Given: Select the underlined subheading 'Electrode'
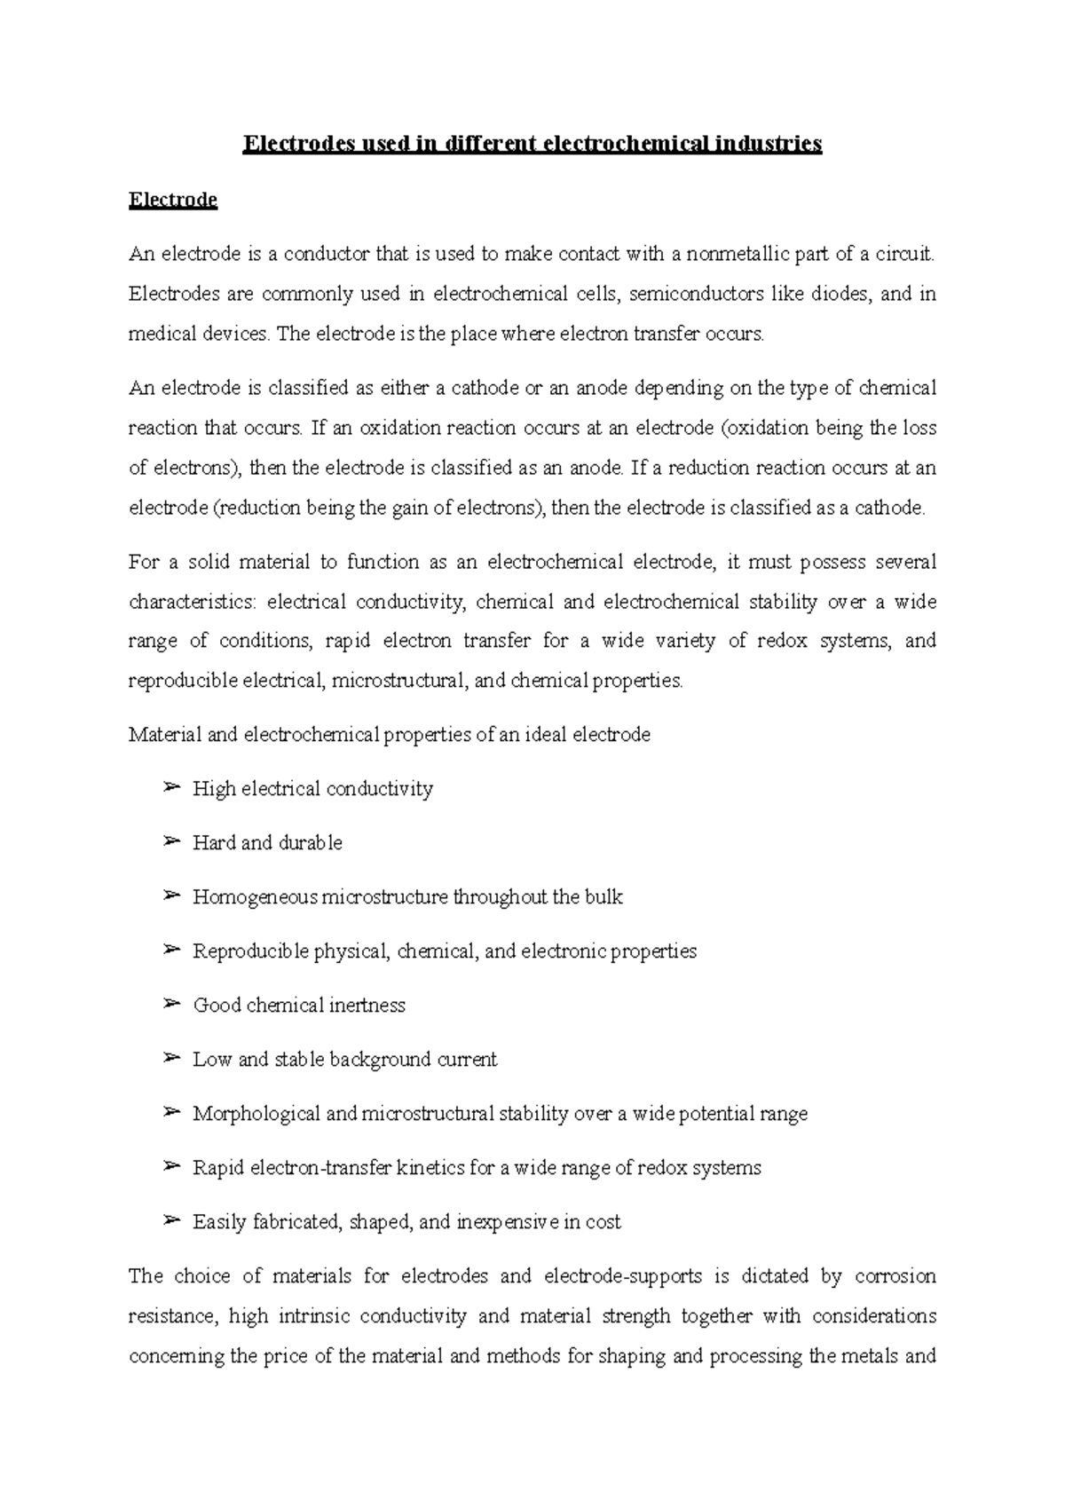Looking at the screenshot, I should click(x=173, y=200).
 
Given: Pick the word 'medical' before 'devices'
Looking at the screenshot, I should click(x=159, y=334).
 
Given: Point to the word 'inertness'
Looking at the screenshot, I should click(x=367, y=1006).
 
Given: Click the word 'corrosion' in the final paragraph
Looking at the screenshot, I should click(x=895, y=1276).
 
